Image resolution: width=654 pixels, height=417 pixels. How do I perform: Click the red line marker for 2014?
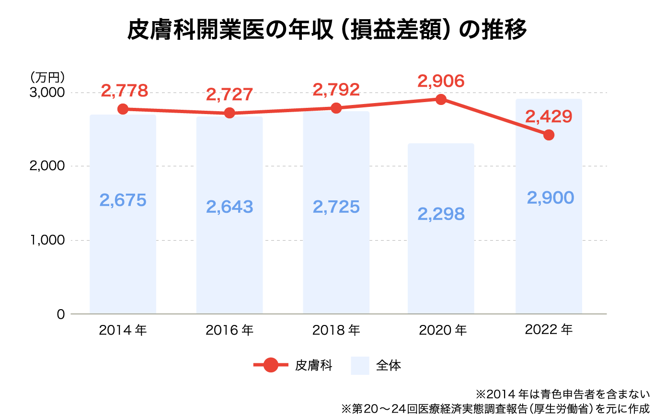[x=123, y=109]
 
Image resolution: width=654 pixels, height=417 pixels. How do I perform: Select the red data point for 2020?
[x=441, y=100]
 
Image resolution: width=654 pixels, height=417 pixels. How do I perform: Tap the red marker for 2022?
[x=549, y=135]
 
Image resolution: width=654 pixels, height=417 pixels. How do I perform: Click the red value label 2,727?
[x=229, y=94]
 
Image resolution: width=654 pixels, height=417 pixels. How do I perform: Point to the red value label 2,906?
[x=441, y=81]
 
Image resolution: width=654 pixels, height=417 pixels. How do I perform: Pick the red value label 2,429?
[x=549, y=116]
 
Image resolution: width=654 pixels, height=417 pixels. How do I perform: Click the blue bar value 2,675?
[x=123, y=200]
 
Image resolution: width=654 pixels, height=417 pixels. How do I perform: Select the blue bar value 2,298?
[x=441, y=214]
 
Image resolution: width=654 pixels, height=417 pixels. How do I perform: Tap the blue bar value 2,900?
[x=550, y=197]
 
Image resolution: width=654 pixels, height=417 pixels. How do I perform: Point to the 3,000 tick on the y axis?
[x=47, y=93]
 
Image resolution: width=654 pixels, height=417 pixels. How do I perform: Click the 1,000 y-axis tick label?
[x=47, y=240]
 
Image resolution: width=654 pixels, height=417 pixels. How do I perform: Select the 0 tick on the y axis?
[x=60, y=314]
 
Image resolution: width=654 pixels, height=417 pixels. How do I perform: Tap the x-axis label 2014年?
[x=123, y=330]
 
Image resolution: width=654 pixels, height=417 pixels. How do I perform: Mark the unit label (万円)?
[x=47, y=77]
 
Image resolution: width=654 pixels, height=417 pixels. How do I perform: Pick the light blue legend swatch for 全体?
[x=360, y=366]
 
